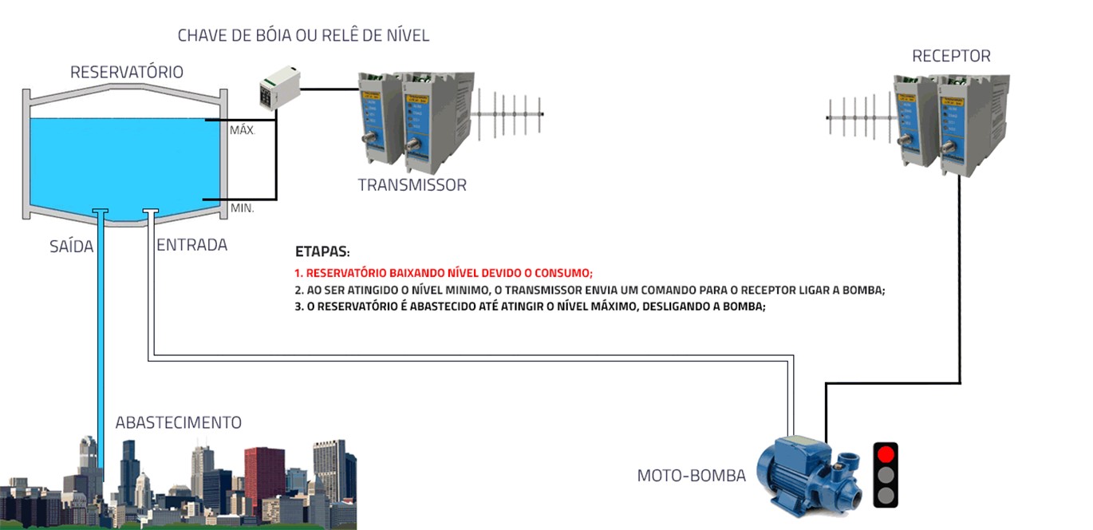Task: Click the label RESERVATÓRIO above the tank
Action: click(x=127, y=73)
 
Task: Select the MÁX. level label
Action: click(x=243, y=130)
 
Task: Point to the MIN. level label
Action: click(x=242, y=208)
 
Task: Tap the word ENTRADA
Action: click(x=191, y=245)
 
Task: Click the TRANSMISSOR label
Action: click(x=412, y=185)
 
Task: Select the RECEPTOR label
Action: click(x=951, y=57)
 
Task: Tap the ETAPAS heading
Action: click(x=322, y=251)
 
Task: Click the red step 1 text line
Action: click(x=444, y=272)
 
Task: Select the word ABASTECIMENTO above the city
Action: click(x=178, y=423)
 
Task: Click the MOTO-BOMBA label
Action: click(x=691, y=477)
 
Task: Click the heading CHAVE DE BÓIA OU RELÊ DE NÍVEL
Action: click(x=303, y=35)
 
